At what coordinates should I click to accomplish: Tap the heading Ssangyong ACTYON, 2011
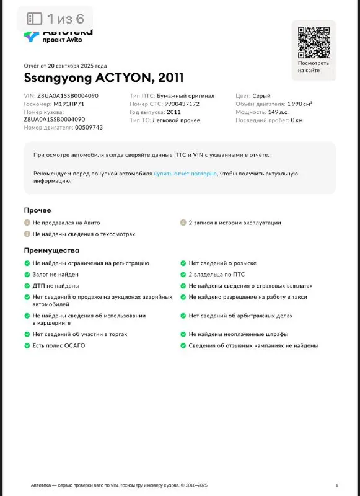[103, 78]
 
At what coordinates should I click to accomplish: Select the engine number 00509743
[89, 127]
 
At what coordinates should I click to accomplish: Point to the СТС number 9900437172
[182, 104]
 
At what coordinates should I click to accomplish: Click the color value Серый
[261, 96]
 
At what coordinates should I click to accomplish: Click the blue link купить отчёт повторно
[185, 174]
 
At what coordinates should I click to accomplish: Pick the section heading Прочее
[37, 210]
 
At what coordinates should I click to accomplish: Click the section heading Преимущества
[51, 250]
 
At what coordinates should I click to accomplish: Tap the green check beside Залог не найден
[27, 274]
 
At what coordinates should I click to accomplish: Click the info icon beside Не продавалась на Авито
[27, 223]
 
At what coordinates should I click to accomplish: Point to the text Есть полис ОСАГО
[59, 345]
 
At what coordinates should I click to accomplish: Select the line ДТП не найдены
[55, 286]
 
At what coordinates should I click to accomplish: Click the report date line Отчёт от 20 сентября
[65, 66]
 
